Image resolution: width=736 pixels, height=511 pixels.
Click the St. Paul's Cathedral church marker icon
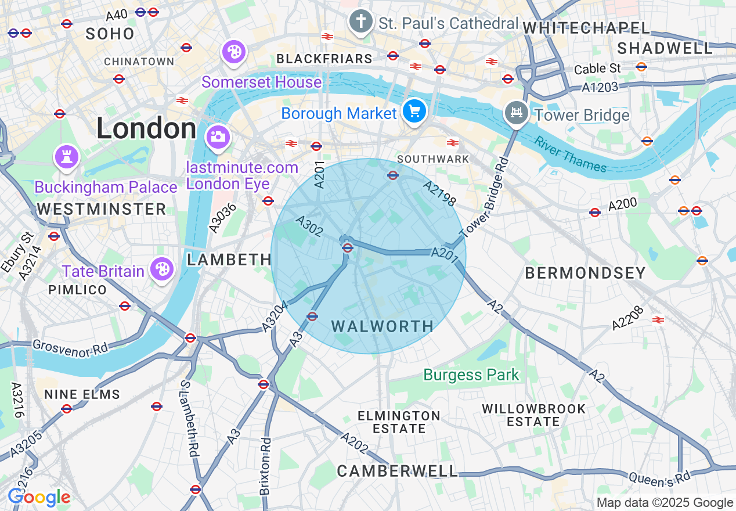click(360, 23)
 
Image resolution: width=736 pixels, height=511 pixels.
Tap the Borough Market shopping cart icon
click(414, 111)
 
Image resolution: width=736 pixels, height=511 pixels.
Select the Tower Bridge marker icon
click(516, 113)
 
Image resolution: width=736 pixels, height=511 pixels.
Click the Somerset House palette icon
click(234, 52)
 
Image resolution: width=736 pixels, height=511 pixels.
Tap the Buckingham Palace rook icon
click(66, 156)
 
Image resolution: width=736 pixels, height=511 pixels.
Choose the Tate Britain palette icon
click(162, 269)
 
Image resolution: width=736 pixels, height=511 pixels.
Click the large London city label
click(146, 128)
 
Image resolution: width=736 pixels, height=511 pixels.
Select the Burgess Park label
click(471, 375)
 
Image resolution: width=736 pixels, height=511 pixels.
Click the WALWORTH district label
click(383, 326)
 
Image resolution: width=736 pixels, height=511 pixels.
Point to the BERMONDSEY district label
click(585, 273)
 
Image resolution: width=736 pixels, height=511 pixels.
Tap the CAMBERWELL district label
click(397, 471)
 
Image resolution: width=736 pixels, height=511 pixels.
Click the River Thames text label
click(570, 154)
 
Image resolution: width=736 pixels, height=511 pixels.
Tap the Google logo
click(39, 497)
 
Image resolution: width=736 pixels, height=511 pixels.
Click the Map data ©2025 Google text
click(665, 503)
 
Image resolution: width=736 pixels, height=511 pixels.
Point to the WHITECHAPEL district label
click(586, 27)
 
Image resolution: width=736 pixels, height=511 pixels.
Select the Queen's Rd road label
click(659, 479)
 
